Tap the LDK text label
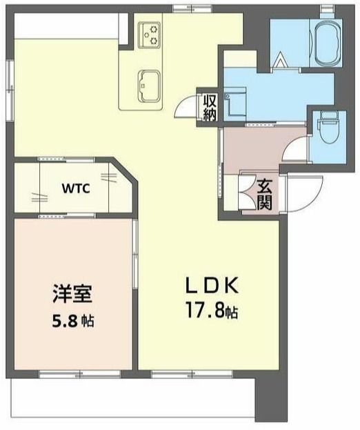point(210,285)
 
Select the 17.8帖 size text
point(210,313)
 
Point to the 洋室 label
point(72,293)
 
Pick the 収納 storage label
point(209,106)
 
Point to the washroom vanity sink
point(235,101)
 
